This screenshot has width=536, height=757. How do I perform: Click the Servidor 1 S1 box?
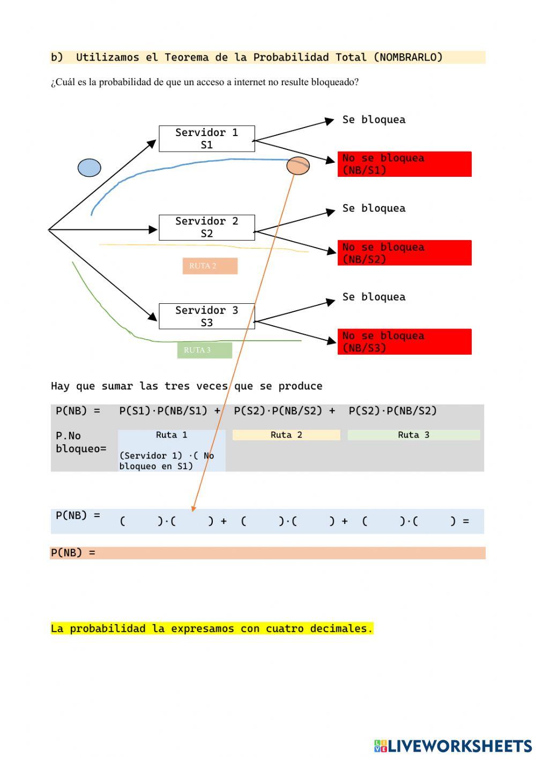coord(206,139)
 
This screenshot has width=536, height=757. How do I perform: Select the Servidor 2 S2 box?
coord(206,228)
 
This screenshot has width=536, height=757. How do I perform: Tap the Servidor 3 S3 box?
coord(206,316)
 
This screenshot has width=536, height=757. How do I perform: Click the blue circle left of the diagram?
coord(90,168)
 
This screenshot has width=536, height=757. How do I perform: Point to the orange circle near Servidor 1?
coord(298,166)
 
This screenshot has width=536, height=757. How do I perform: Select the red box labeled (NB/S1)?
coord(404,164)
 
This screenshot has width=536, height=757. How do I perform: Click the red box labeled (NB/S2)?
coord(404,253)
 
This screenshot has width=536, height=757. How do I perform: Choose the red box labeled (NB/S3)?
coord(404,342)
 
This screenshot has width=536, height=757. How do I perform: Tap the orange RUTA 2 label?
coord(210,266)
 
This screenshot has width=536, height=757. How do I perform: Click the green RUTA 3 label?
coord(204,350)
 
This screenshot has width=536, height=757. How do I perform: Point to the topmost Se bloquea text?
coord(374,119)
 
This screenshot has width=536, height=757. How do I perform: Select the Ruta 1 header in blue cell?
coord(172,435)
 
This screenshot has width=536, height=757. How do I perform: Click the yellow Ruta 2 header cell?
coord(286,435)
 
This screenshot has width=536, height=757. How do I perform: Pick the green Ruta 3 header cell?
coord(413,435)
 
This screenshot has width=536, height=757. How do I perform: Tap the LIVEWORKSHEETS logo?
coord(453,746)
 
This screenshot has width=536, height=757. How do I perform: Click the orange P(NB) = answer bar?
coord(268,553)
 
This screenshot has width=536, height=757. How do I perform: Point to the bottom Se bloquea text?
coord(374,297)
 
